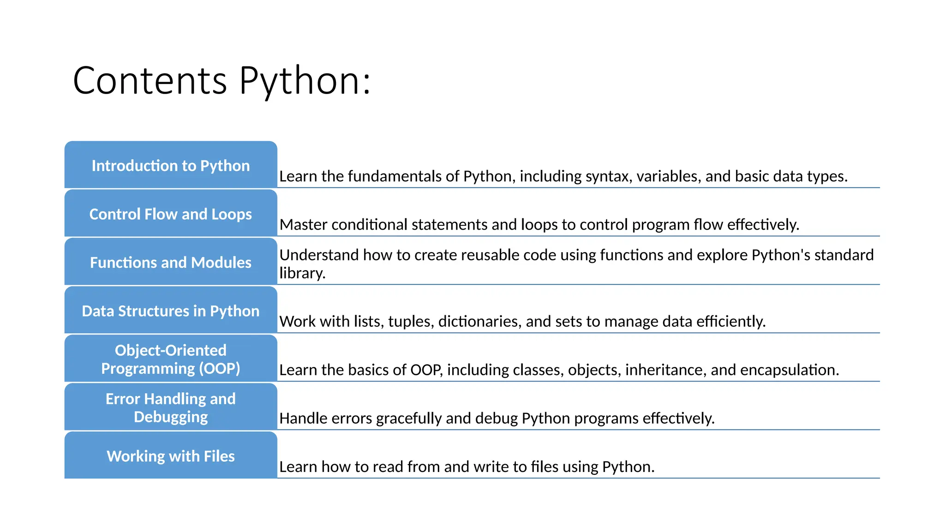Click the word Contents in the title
pyautogui.click(x=150, y=81)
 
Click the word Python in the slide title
pyautogui.click(x=305, y=81)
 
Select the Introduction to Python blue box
pyautogui.click(x=171, y=165)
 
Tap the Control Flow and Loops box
pyautogui.click(x=171, y=214)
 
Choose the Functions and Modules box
pyautogui.click(x=171, y=262)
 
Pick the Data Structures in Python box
pyautogui.click(x=171, y=311)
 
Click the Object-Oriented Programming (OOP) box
pyautogui.click(x=171, y=359)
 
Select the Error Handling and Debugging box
pyautogui.click(x=171, y=407)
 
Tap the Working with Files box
pyautogui.click(x=171, y=456)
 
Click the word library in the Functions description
pyautogui.click(x=302, y=273)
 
